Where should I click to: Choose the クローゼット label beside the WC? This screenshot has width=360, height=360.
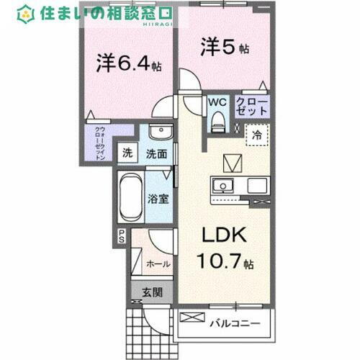tap(252, 107)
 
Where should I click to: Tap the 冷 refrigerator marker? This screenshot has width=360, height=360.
tap(256, 133)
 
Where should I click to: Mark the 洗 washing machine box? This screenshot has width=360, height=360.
tap(127, 153)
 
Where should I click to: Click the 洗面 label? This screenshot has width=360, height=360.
tap(157, 153)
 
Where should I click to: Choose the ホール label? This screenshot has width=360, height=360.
tap(158, 264)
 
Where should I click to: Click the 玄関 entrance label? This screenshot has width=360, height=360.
tap(151, 292)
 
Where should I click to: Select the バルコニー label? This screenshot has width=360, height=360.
tap(235, 323)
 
